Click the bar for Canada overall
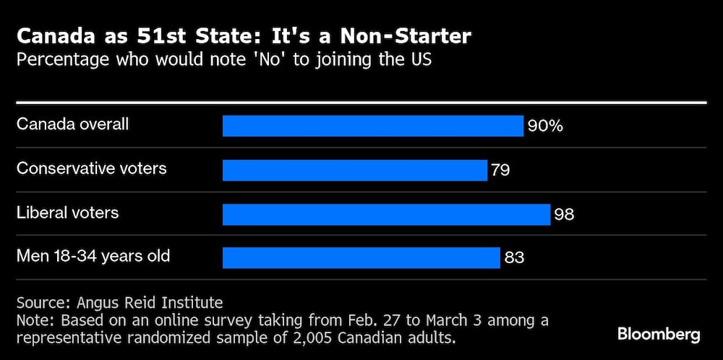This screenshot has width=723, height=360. pyautogui.click(x=372, y=126)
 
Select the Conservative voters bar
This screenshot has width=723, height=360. pyautogui.click(x=354, y=170)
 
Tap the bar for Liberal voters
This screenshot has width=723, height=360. pyautogui.click(x=386, y=214)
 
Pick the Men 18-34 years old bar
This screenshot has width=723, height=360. pyautogui.click(x=361, y=257)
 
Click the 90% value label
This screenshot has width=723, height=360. pyautogui.click(x=545, y=126)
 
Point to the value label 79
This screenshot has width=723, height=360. pyautogui.click(x=500, y=170)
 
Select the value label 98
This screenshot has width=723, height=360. pyautogui.click(x=564, y=214)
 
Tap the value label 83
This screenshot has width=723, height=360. pyautogui.click(x=514, y=257)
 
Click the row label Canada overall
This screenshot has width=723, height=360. pyautogui.click(x=72, y=124)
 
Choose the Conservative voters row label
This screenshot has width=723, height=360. pyautogui.click(x=91, y=168)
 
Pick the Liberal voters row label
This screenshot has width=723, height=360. pyautogui.click(x=67, y=213)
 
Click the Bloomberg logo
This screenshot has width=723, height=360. pyautogui.click(x=659, y=334)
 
